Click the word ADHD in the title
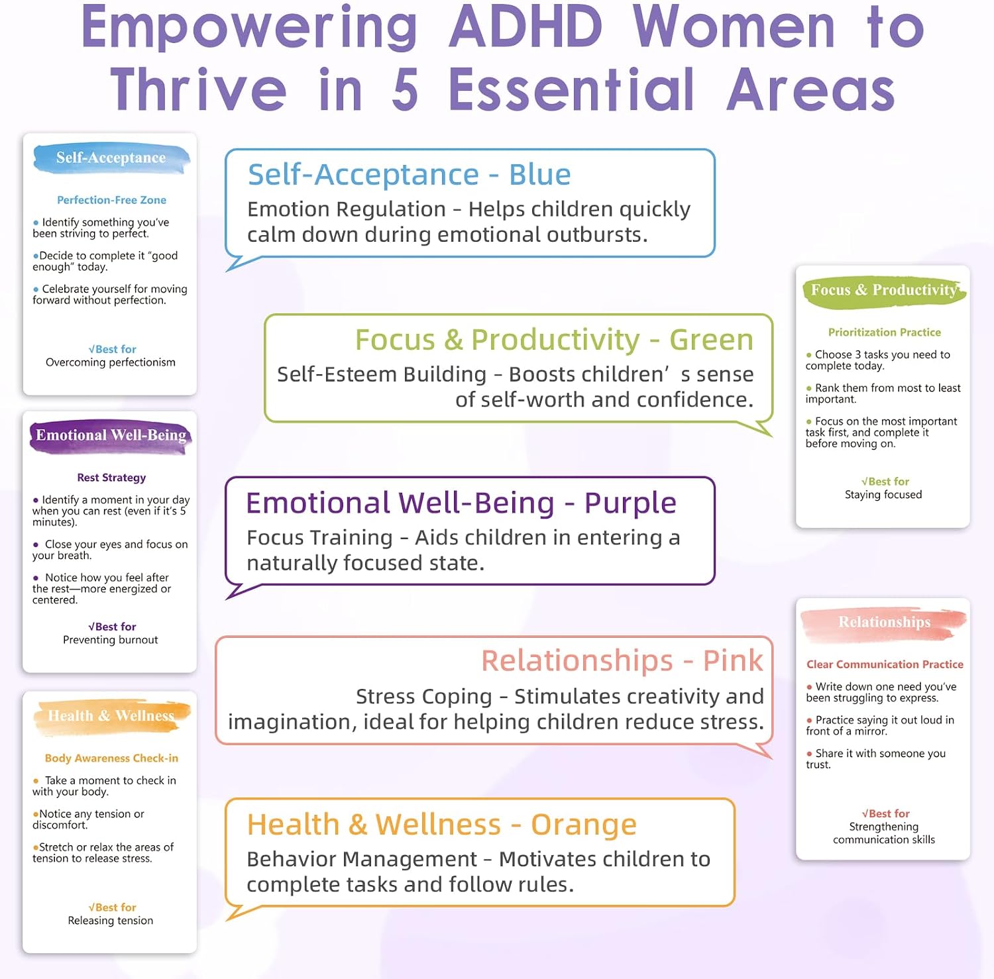[525, 27]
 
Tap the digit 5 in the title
[405, 90]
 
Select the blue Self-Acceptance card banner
[111, 158]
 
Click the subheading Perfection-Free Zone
[111, 200]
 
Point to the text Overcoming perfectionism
[111, 362]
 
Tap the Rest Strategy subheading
[111, 478]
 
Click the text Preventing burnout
[111, 640]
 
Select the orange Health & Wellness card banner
[111, 717]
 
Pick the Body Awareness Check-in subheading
[111, 758]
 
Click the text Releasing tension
[111, 921]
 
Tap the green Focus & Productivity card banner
[884, 291]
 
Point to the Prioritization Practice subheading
[885, 333]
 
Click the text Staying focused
[883, 495]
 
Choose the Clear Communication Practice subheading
[885, 664]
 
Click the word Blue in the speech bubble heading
[540, 175]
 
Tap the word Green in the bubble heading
[711, 340]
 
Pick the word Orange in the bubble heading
[584, 825]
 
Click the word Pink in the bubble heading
[733, 661]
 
